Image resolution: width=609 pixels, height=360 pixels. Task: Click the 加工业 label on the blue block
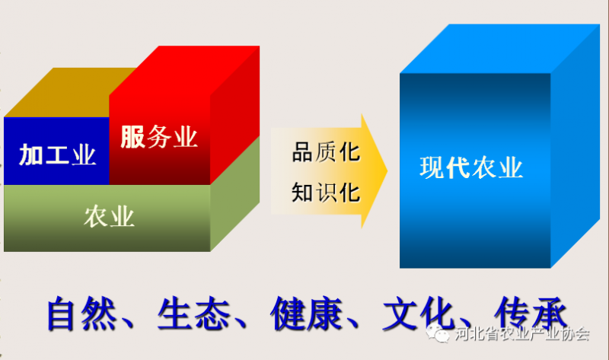pyautogui.click(x=57, y=155)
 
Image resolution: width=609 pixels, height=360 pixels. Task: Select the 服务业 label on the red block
pyautogui.click(x=159, y=137)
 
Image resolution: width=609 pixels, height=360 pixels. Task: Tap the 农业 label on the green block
pyautogui.click(x=109, y=217)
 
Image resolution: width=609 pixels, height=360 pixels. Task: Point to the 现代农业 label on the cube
pyautogui.click(x=471, y=167)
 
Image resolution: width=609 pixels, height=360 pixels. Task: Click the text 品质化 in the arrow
pyautogui.click(x=327, y=152)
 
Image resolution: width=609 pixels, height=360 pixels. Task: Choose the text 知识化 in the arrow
pyautogui.click(x=327, y=193)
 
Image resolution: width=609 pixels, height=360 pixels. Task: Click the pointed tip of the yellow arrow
pyautogui.click(x=387, y=171)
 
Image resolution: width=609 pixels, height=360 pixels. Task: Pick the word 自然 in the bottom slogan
pyautogui.click(x=82, y=314)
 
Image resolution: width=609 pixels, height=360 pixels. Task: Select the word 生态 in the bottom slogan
pyautogui.click(x=194, y=314)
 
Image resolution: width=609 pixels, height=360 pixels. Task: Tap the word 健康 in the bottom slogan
pyautogui.click(x=307, y=314)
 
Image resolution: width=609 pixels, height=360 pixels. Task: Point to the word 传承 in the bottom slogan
pyautogui.click(x=531, y=314)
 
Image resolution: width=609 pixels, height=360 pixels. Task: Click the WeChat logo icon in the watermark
pyautogui.click(x=438, y=333)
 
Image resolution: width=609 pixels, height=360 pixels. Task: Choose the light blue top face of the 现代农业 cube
pyautogui.click(x=500, y=49)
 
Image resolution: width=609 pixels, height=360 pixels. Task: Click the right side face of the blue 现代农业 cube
pyautogui.click(x=576, y=145)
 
